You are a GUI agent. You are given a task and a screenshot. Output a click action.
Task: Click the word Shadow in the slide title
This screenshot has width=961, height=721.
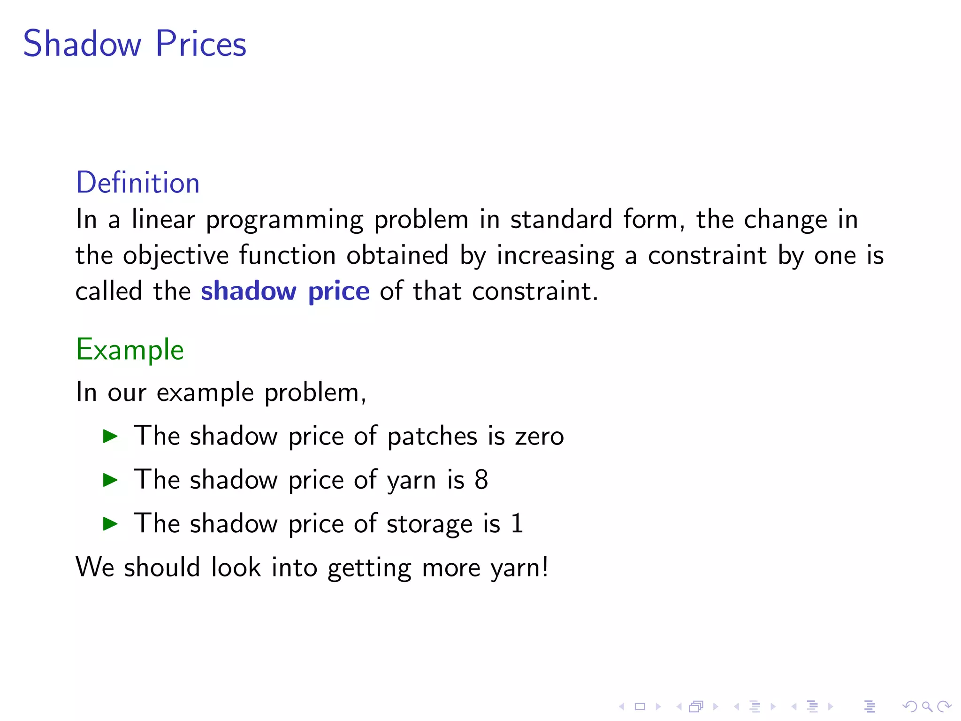coord(82,44)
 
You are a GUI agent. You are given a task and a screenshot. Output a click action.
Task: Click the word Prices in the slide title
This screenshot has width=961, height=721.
coord(201,44)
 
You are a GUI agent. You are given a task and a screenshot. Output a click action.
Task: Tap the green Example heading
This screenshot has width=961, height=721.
coord(130,350)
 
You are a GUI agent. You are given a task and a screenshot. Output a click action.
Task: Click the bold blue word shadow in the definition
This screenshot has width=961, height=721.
coord(249,291)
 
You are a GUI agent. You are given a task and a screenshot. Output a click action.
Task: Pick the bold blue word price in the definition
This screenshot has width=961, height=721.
coord(339,292)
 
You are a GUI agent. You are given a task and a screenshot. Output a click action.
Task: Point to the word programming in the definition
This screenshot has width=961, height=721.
coord(284,220)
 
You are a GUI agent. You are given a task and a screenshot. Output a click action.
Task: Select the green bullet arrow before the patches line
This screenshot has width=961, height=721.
coord(110,436)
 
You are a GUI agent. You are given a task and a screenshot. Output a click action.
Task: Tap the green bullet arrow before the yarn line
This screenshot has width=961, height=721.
coord(110,480)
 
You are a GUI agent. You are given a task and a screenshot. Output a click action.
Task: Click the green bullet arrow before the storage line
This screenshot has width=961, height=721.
coord(110,523)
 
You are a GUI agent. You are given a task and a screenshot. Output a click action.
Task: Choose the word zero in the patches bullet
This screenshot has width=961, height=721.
coord(539,437)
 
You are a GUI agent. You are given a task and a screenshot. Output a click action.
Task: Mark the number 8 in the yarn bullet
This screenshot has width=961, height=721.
coord(481,480)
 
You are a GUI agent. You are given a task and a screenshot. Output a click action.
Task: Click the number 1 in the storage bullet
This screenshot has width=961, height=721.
coord(517,523)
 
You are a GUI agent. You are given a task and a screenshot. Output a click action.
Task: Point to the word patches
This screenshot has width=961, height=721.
coord(432,437)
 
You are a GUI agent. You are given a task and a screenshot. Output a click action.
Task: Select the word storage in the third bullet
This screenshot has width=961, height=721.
coord(429,524)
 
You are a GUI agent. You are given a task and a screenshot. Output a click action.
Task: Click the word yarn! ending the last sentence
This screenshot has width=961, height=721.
coord(519,568)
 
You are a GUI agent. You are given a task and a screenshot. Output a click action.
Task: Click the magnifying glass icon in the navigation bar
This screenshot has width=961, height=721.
coord(927,706)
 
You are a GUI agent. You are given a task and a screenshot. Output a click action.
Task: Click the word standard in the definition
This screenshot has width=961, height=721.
coord(561,220)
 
